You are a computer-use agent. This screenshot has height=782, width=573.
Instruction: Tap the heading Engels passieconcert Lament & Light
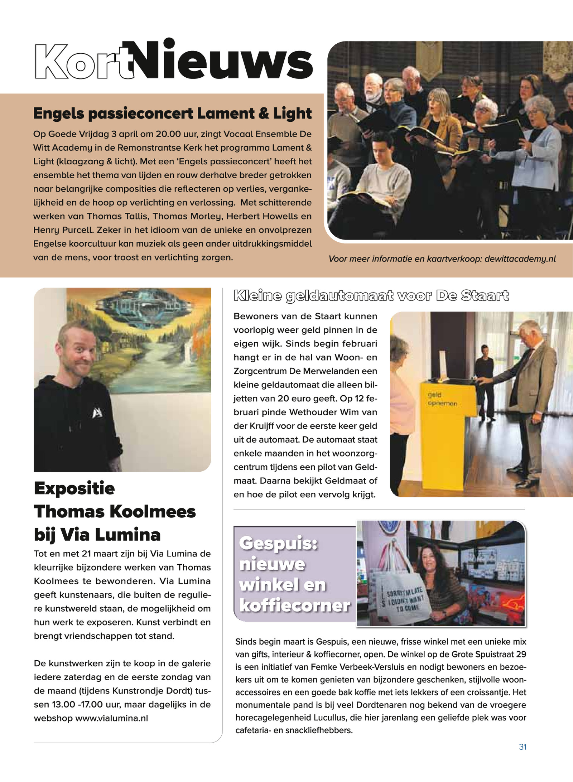point(172,114)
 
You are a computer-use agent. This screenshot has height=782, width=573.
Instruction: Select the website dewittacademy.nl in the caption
point(520,259)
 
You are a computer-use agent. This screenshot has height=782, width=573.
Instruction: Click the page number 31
point(523,747)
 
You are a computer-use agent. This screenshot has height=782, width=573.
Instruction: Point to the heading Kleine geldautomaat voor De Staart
point(371,296)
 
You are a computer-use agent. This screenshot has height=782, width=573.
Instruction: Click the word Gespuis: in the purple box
point(278,543)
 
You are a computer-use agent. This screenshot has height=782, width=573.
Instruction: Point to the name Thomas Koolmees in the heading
point(115,512)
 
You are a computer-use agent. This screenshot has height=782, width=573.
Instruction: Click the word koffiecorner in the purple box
point(294,606)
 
